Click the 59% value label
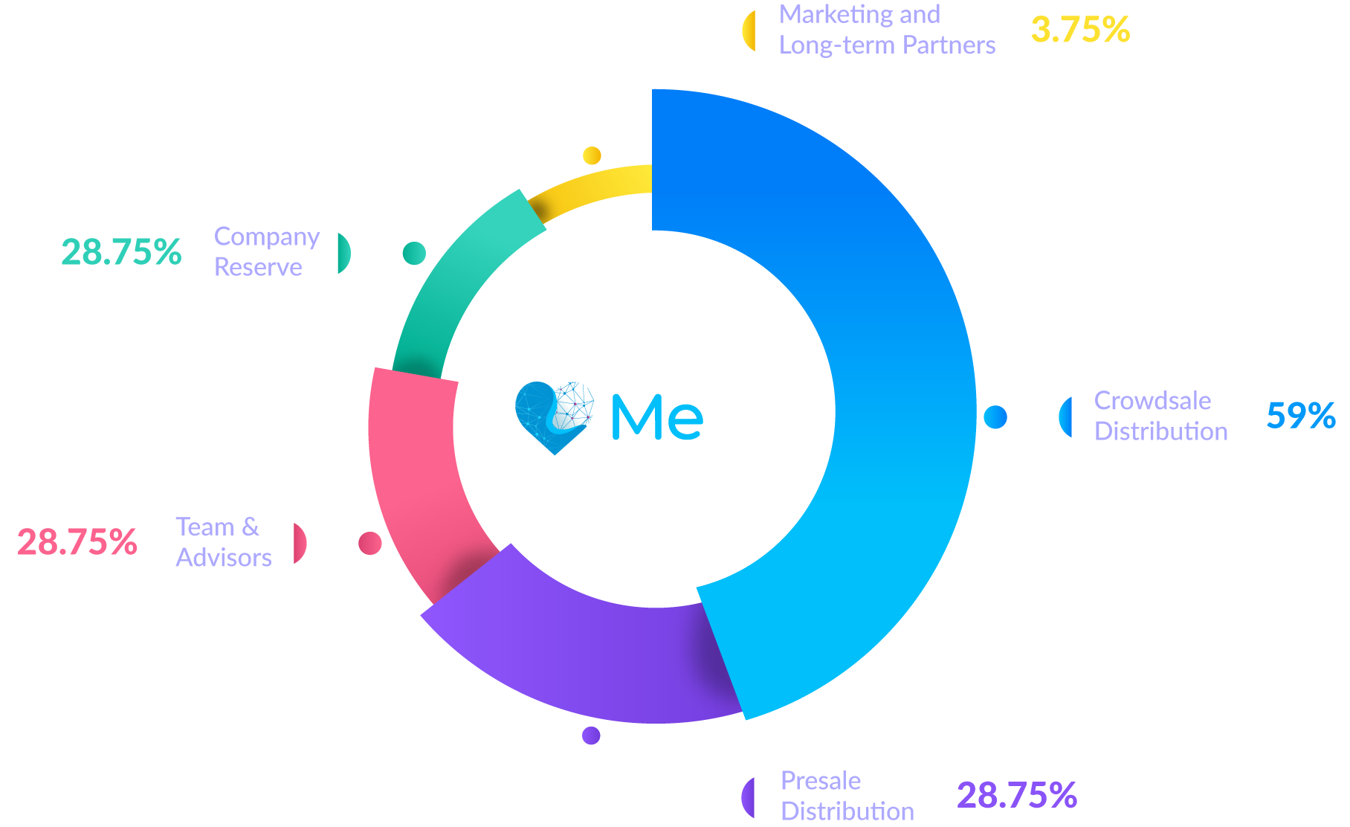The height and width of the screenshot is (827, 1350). click(x=1301, y=416)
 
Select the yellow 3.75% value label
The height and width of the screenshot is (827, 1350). click(x=1080, y=30)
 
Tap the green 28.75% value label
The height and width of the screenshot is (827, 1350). click(x=121, y=253)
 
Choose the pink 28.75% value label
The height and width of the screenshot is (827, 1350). click(x=77, y=543)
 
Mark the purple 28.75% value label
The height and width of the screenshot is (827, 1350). click(x=1017, y=796)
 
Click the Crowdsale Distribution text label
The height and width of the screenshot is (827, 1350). click(x=1160, y=416)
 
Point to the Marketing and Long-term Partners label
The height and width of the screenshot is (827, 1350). click(x=887, y=30)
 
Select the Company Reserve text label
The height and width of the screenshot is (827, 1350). click(x=267, y=252)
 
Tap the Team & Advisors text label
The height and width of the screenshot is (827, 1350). click(x=224, y=542)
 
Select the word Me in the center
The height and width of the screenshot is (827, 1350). click(x=657, y=417)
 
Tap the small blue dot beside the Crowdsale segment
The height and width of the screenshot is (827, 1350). click(x=995, y=417)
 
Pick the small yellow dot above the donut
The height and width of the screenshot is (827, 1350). click(x=592, y=155)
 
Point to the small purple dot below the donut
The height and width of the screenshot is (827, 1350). click(x=591, y=736)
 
